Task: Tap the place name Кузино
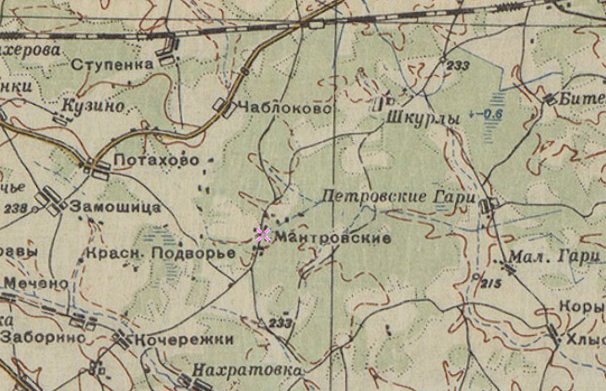[x=94, y=106]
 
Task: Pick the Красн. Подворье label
[x=160, y=253]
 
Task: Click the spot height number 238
[x=15, y=208]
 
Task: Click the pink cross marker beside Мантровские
[x=262, y=235]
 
